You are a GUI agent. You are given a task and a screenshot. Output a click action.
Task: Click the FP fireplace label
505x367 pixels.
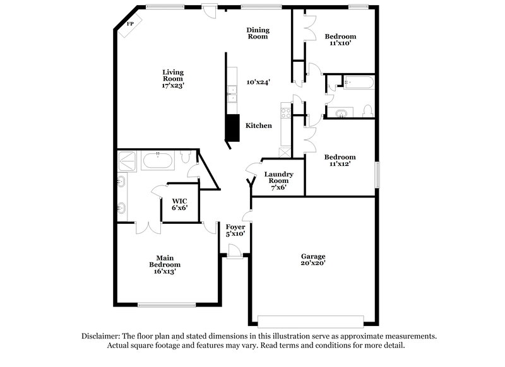point(131,24)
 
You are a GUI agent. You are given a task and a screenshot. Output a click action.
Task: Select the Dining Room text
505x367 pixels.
point(258,33)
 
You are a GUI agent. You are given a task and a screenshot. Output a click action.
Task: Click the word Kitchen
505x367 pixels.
point(259,125)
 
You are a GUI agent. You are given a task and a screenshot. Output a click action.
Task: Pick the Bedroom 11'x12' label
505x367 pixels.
point(340,161)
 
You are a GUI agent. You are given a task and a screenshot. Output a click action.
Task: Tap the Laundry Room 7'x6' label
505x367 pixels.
point(278,180)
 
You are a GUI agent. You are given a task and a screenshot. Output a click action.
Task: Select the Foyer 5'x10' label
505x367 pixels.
point(235,230)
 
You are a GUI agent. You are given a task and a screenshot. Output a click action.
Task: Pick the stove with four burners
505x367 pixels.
point(286,114)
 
